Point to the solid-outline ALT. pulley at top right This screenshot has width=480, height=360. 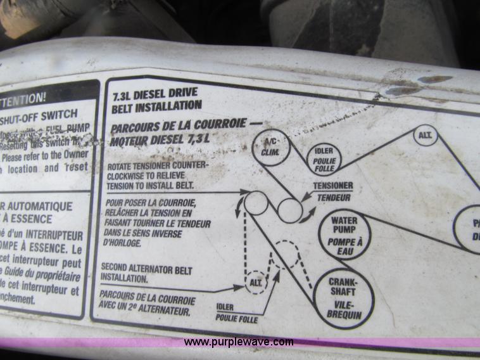pyautogui.click(x=426, y=135)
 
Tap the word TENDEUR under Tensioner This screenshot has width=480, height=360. pyautogui.click(x=334, y=197)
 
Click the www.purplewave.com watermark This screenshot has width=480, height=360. pyautogui.click(x=239, y=342)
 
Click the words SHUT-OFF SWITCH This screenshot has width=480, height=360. pyautogui.click(x=39, y=115)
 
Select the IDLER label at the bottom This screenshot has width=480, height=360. pyautogui.click(x=225, y=307)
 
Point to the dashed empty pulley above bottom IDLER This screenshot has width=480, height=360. pyautogui.click(x=286, y=254)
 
